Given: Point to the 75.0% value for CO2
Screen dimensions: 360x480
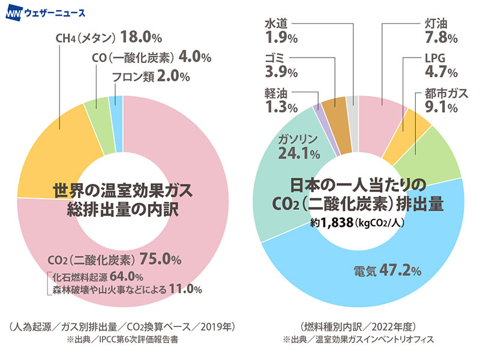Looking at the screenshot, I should pyautogui.click(x=160, y=260).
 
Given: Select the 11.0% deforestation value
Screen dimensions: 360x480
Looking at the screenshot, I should pyautogui.click(x=185, y=289).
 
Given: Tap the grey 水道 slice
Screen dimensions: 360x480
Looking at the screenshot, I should pyautogui.click(x=353, y=115).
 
